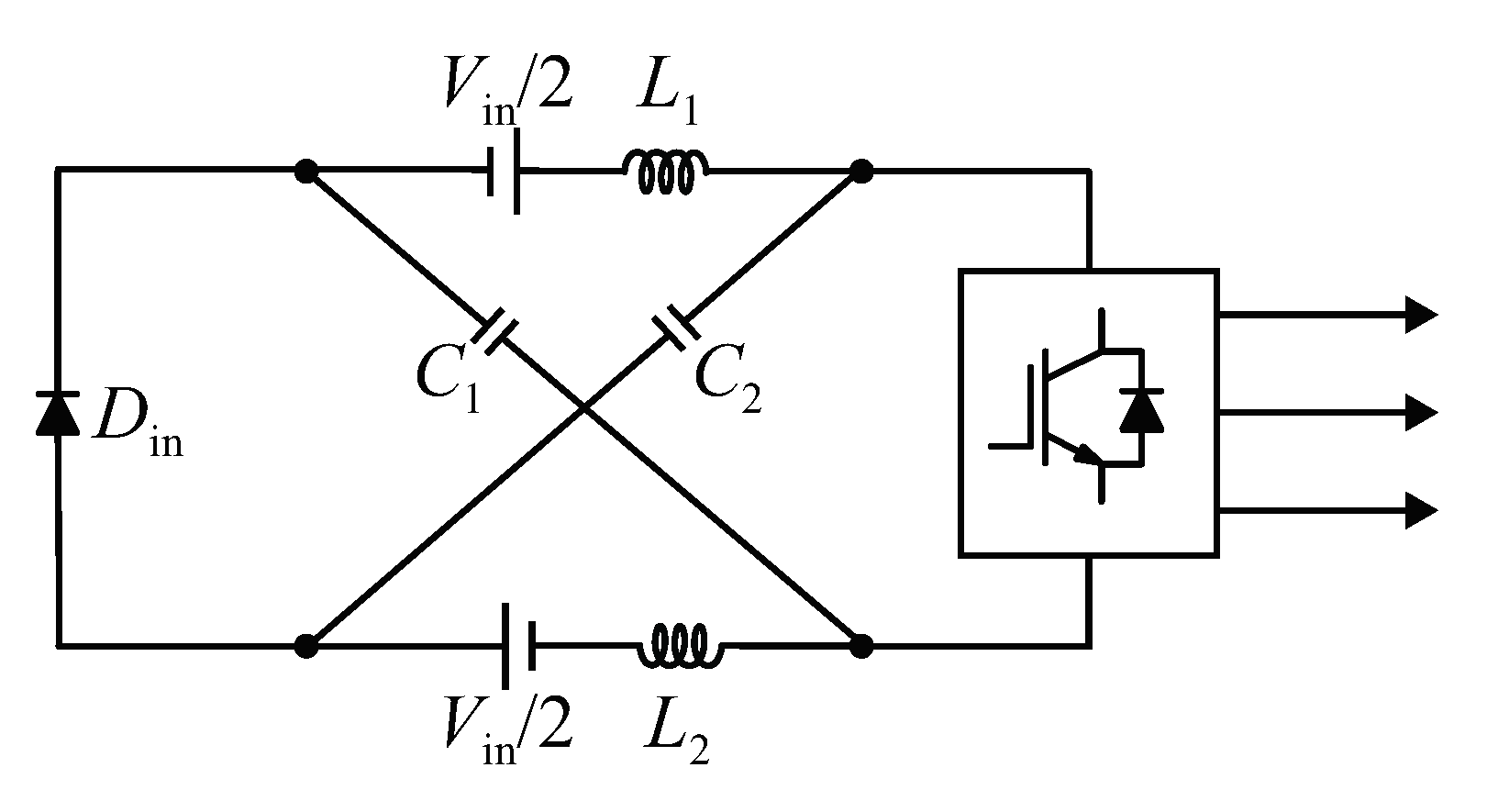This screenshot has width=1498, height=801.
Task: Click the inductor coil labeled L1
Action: click(x=665, y=172)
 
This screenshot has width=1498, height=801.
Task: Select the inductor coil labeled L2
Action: click(x=680, y=646)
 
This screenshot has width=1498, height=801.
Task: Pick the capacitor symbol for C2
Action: click(x=676, y=332)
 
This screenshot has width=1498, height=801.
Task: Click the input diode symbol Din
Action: click(x=57, y=412)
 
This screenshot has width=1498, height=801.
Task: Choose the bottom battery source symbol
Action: click(x=518, y=646)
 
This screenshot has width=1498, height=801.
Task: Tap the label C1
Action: click(x=447, y=378)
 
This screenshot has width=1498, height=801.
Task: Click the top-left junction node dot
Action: click(x=305, y=171)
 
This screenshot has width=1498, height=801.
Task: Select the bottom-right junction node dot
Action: click(x=860, y=646)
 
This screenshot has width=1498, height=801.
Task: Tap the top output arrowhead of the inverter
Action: click(x=1420, y=315)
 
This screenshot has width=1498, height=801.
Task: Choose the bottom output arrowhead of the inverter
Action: click(x=1420, y=510)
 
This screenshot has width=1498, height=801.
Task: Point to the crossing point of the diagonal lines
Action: click(x=584, y=408)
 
